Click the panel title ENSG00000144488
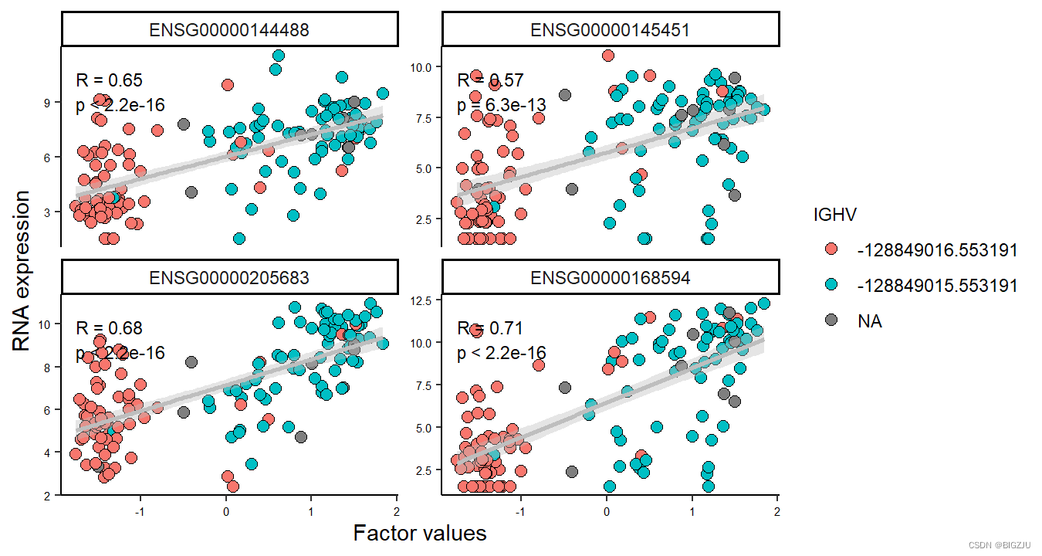click(x=229, y=30)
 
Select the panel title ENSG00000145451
click(x=610, y=30)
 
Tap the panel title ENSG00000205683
click(x=229, y=278)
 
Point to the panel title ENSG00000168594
click(x=610, y=278)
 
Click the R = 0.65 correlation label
click(x=109, y=80)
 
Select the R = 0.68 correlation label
click(x=109, y=328)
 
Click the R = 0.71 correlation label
click(x=490, y=328)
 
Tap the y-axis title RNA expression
click(x=22, y=271)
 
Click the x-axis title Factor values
click(x=420, y=533)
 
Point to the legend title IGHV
click(x=834, y=215)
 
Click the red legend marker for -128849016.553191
click(x=831, y=250)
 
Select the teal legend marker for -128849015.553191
click(x=831, y=286)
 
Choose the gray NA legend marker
click(x=831, y=321)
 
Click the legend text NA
click(x=869, y=321)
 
